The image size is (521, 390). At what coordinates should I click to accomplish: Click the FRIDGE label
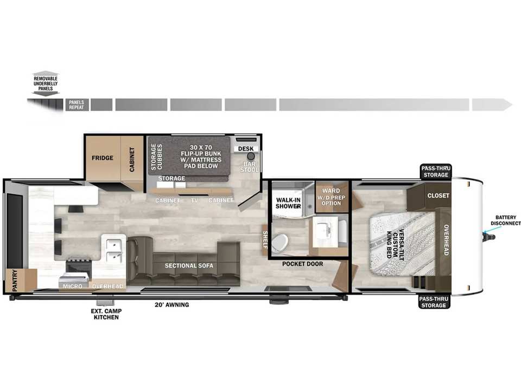[103, 158]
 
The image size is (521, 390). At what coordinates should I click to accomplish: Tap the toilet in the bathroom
[280, 243]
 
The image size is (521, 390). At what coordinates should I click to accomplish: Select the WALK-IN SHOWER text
[288, 203]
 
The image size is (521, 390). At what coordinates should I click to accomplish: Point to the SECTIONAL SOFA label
[189, 265]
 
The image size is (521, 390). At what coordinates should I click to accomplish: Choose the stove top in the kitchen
[78, 265]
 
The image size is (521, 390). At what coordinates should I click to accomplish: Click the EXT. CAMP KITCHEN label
[106, 314]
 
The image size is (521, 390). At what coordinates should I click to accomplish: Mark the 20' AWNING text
[172, 305]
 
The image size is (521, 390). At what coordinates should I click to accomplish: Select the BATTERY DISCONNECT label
[505, 220]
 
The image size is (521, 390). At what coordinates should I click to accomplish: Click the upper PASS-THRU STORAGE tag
[436, 172]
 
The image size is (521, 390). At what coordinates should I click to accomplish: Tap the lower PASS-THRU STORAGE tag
[434, 302]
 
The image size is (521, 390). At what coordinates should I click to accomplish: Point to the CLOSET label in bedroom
[438, 196]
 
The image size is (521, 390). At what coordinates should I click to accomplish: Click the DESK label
[246, 149]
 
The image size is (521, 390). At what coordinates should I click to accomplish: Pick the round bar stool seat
[251, 156]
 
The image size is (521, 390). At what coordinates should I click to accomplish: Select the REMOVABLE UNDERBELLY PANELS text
[46, 83]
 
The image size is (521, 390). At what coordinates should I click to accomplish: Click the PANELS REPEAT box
[77, 105]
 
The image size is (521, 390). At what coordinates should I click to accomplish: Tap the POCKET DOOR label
[302, 264]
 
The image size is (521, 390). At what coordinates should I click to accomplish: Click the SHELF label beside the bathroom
[265, 239]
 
